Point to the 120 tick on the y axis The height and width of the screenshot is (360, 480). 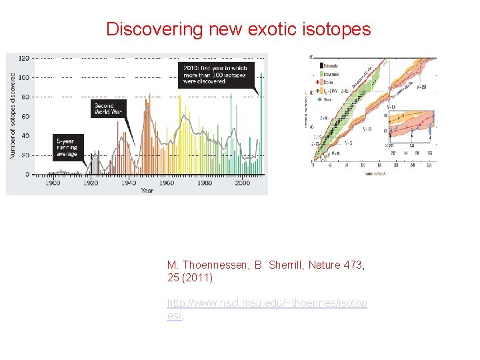[23, 58]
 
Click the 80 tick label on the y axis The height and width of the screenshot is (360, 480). [25, 97]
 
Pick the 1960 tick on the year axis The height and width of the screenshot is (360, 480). [167, 183]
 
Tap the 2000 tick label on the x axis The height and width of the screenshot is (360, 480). [243, 183]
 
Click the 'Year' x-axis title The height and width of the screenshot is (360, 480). [147, 191]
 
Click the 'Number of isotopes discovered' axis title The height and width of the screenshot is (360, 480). [13, 115]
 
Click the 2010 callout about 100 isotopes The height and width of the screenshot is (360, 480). [214, 74]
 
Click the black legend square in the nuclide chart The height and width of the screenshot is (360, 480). [321, 65]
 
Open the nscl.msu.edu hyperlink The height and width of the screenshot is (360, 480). [267, 303]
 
